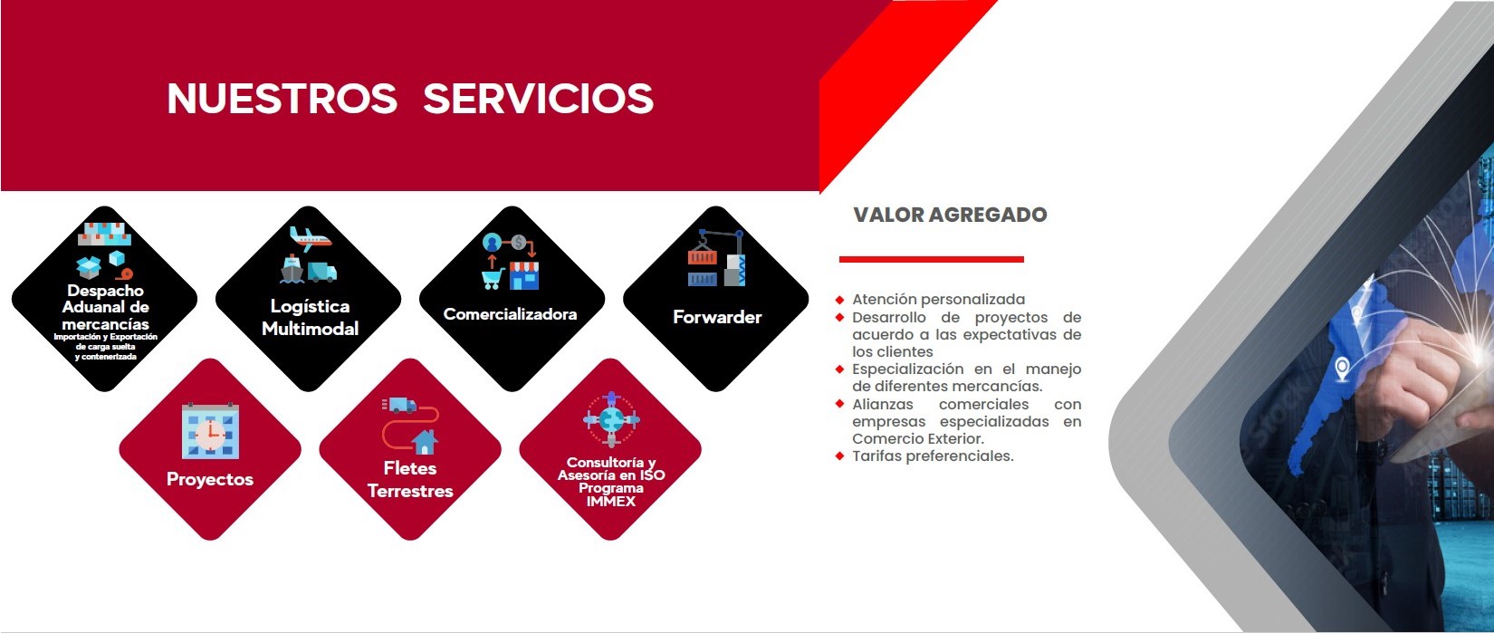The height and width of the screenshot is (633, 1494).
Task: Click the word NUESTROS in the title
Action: pyautogui.click(x=282, y=99)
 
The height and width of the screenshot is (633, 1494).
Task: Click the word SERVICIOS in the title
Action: pyautogui.click(x=538, y=99)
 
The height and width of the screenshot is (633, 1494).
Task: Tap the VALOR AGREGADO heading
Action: pyautogui.click(x=950, y=215)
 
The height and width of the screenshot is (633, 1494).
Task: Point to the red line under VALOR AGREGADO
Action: pyautogui.click(x=931, y=260)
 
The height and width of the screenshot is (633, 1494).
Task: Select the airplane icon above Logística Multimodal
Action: pyautogui.click(x=311, y=238)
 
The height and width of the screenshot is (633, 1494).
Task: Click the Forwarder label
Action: pyautogui.click(x=717, y=317)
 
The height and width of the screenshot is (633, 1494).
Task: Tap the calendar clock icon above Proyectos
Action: pyautogui.click(x=210, y=430)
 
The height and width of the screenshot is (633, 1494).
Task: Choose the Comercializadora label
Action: pyautogui.click(x=511, y=314)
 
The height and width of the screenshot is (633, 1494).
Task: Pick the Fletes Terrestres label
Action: pyautogui.click(x=410, y=480)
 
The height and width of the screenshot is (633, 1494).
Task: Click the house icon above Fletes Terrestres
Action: pyautogui.click(x=424, y=442)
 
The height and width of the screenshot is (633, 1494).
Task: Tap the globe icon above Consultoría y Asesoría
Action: pyautogui.click(x=611, y=419)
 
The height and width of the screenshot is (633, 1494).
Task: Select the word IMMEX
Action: pyautogui.click(x=611, y=501)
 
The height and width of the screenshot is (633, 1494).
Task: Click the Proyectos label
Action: pyautogui.click(x=210, y=479)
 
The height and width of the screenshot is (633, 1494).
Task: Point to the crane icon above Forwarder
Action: pyautogui.click(x=716, y=258)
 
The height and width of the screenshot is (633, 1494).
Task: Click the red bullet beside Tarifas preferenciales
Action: pyautogui.click(x=839, y=456)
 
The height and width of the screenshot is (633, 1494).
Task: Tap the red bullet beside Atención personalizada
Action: pyautogui.click(x=839, y=300)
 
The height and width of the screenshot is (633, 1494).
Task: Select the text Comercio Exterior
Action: pyautogui.click(x=918, y=439)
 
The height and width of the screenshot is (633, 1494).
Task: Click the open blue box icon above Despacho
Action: pyautogui.click(x=89, y=267)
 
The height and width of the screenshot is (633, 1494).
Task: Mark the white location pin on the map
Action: pyautogui.click(x=1341, y=369)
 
